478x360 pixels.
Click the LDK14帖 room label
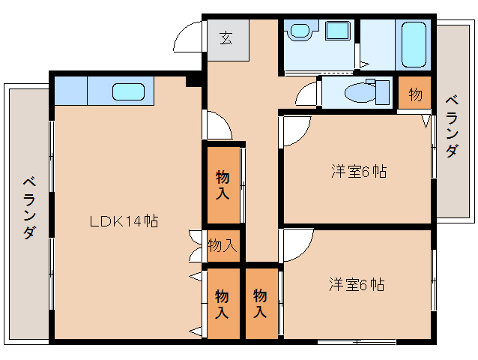tap(124, 221)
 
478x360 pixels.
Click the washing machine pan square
tap(339, 31)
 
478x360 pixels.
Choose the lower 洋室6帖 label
tap(357, 285)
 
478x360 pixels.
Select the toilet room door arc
tap(306, 95)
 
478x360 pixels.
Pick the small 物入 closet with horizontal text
tap(223, 244)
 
